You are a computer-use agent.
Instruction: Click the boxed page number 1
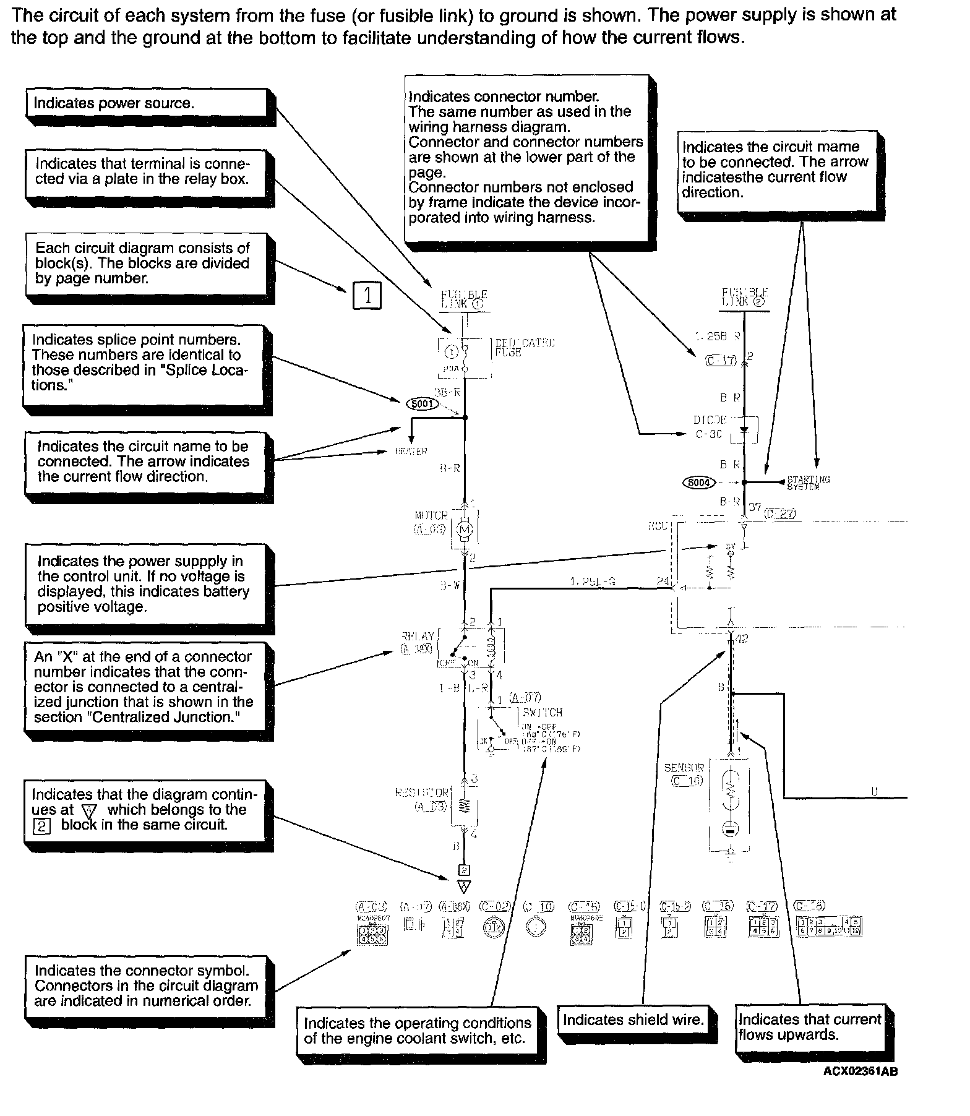point(367,295)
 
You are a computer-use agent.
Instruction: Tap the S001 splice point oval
point(422,404)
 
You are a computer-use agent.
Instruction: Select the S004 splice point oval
point(698,482)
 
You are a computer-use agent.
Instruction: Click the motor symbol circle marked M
point(464,529)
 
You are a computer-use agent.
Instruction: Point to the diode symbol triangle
point(744,429)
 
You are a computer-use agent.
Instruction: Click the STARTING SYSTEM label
point(808,483)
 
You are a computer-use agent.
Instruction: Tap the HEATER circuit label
point(411,452)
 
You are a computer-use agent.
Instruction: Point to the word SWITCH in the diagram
point(543,713)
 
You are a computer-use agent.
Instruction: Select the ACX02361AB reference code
point(860,1071)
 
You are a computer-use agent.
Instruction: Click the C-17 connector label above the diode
point(721,360)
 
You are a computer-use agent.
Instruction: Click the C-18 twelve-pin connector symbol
point(829,926)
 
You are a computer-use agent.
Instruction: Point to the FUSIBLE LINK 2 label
point(744,297)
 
